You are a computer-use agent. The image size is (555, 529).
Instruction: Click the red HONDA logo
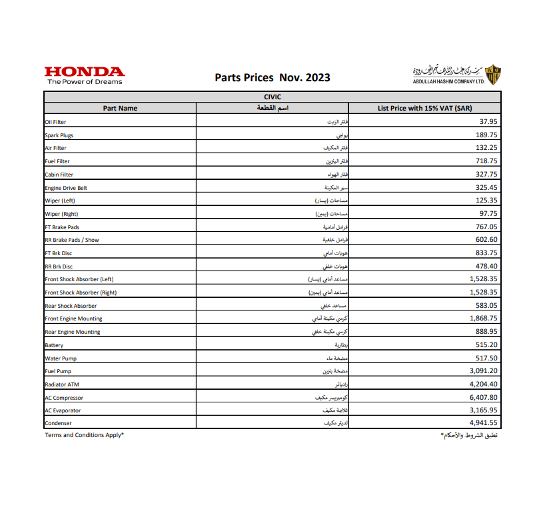point(84,72)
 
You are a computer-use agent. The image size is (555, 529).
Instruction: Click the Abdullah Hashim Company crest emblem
point(493,75)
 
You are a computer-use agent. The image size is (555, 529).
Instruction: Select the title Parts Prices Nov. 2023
point(273,77)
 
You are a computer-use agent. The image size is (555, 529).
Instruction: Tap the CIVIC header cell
point(273,97)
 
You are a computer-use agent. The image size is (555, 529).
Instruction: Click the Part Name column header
point(120,108)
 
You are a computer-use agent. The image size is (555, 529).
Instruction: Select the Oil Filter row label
point(55,122)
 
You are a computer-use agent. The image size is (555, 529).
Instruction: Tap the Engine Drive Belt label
point(66,188)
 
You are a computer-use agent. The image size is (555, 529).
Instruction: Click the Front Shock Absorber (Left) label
point(83,279)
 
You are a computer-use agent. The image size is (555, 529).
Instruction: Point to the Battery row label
point(54,345)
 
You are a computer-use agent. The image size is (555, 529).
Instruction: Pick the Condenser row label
point(58,424)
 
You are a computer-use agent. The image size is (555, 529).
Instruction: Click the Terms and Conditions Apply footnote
point(85,435)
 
